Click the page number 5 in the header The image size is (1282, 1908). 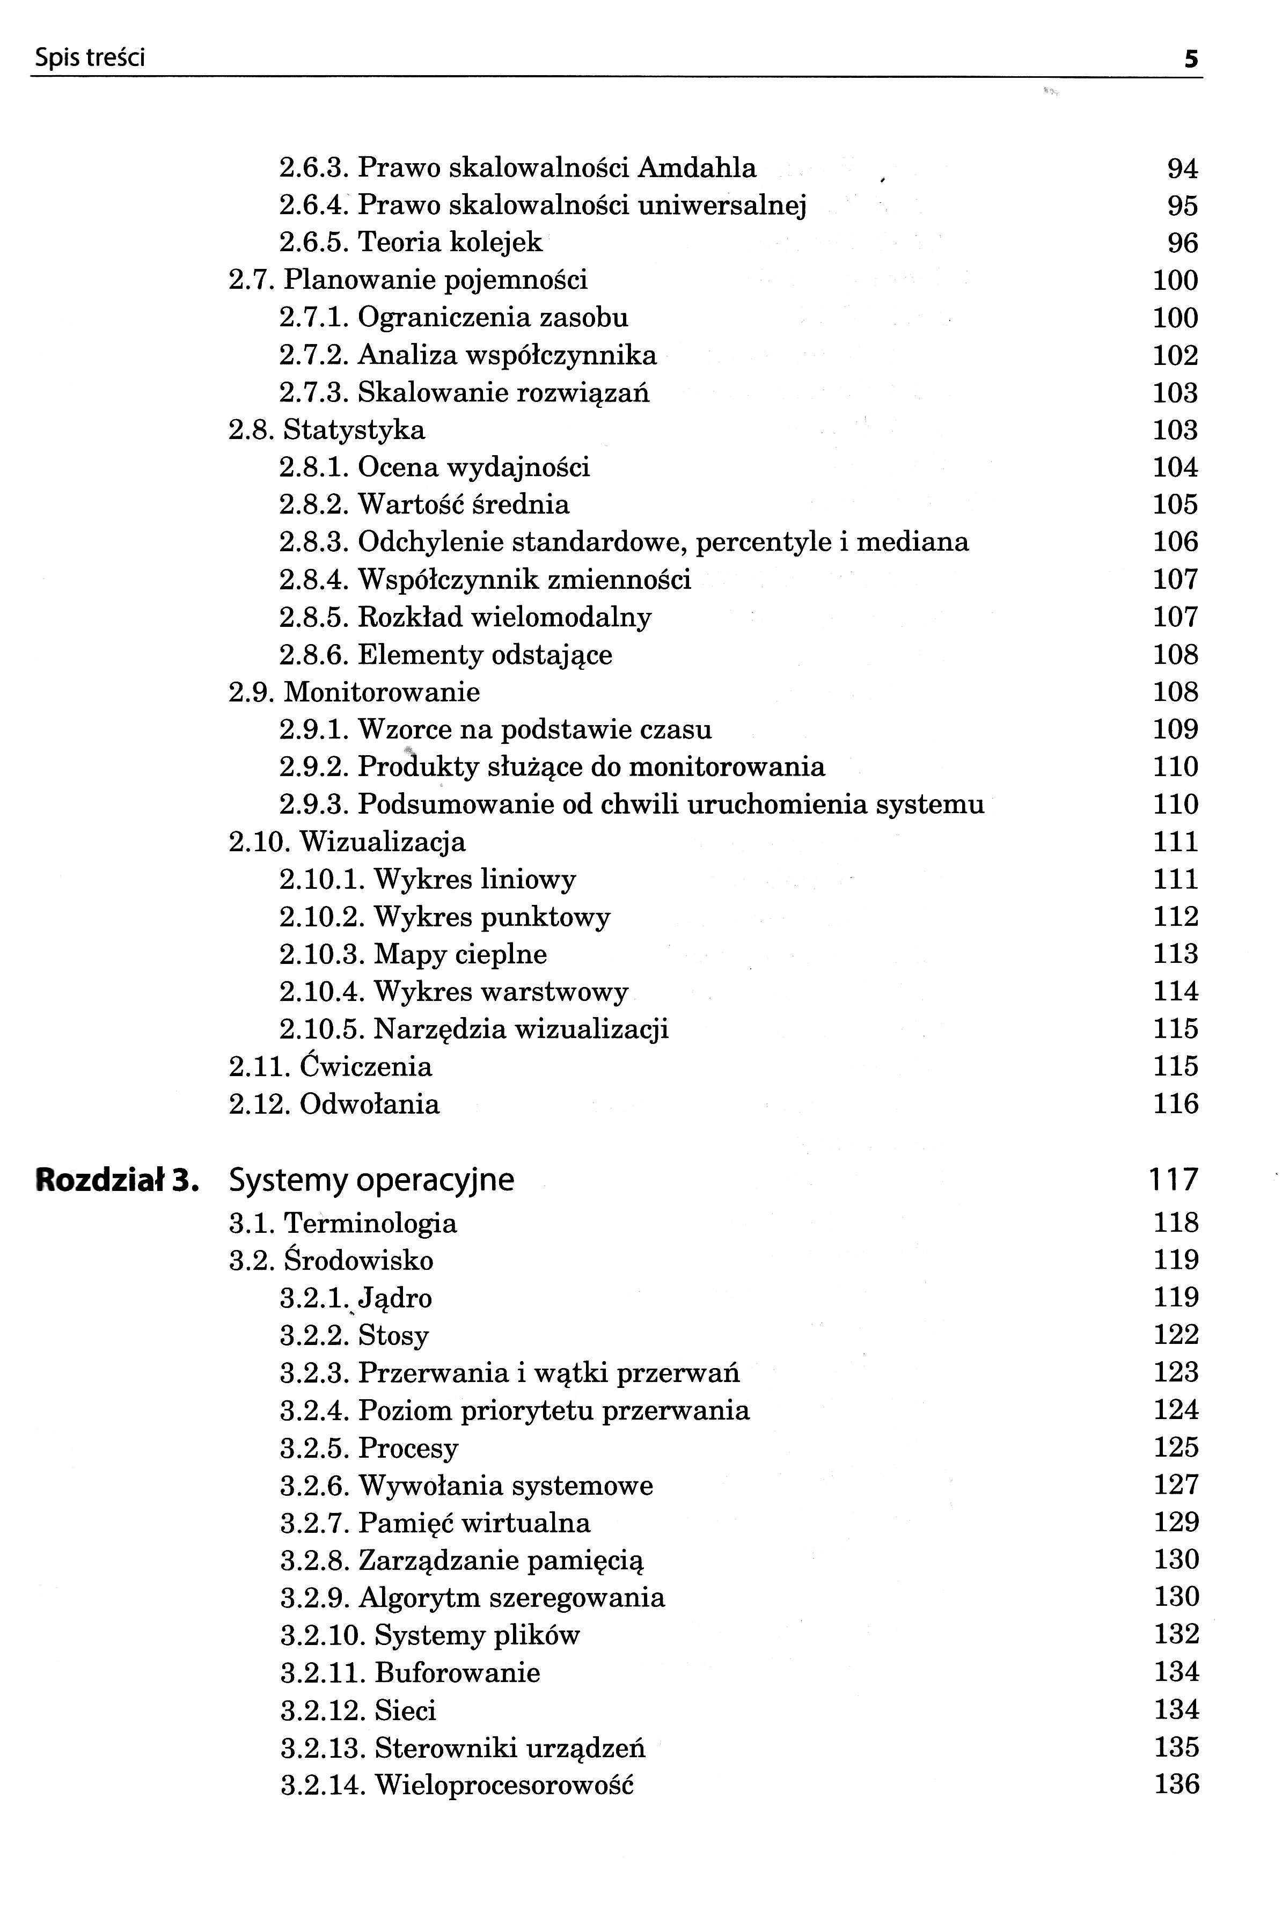1191,59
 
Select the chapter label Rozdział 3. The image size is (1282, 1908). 117,1180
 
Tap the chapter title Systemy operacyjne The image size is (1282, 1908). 371,1180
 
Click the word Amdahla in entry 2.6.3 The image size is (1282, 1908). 697,167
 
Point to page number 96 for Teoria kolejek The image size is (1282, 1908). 1182,243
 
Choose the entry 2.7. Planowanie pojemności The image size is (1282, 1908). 408,280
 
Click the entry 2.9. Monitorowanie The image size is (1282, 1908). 354,692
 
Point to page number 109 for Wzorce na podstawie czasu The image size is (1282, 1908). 1175,729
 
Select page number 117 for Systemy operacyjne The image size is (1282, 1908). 1173,1180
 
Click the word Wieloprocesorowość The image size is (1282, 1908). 504,1785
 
